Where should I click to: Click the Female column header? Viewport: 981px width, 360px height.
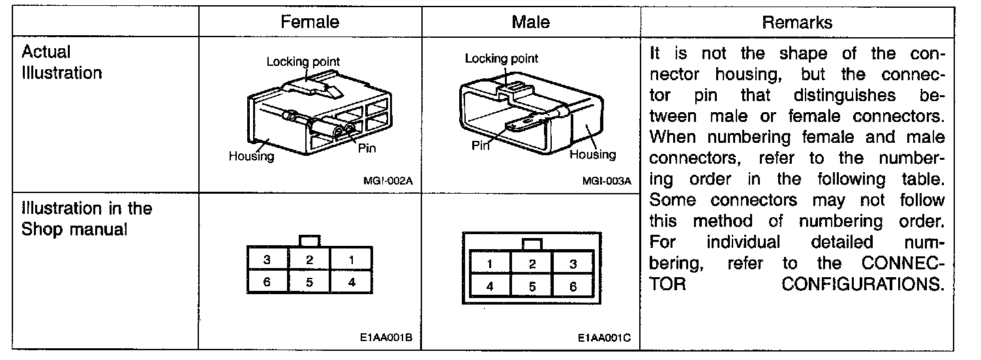tap(310, 22)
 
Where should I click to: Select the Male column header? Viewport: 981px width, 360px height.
tap(530, 22)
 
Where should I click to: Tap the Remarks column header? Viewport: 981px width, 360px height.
tap(797, 22)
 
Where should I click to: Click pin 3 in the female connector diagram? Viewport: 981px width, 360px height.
tap(267, 260)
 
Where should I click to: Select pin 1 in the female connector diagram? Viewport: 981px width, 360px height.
tap(351, 260)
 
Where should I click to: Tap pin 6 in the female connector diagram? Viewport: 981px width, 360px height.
tap(267, 283)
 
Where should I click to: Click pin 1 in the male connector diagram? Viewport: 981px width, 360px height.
tap(489, 264)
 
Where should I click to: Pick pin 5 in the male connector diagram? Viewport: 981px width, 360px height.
tap(532, 286)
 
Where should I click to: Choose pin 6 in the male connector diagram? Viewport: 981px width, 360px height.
tap(573, 286)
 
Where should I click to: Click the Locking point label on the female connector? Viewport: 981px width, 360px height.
tap(303, 62)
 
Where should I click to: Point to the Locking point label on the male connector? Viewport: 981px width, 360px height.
tap(501, 59)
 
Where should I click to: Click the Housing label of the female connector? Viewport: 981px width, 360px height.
tap(251, 157)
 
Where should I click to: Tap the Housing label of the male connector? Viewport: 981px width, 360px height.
tap(592, 155)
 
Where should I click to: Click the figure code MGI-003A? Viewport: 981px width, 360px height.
tap(607, 182)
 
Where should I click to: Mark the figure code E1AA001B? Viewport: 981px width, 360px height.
tap(385, 339)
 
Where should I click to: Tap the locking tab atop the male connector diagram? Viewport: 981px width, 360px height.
tap(532, 245)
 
